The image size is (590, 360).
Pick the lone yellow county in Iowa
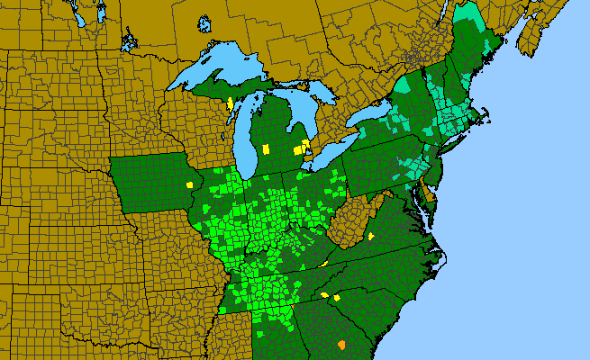click(190, 184)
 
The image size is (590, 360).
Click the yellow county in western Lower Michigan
click(266, 148)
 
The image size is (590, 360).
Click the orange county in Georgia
click(341, 344)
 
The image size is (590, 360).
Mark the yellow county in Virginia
click(371, 236)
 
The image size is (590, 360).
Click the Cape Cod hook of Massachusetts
click(486, 117)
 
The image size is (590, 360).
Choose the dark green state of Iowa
click(153, 184)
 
